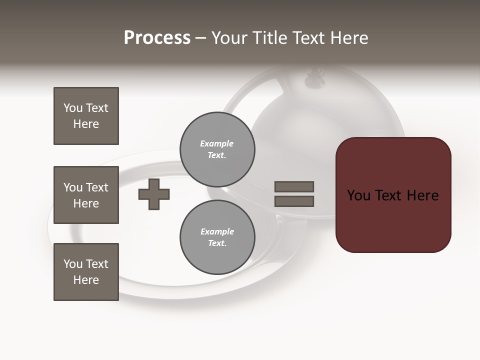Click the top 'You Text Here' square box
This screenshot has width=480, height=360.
pos(86,116)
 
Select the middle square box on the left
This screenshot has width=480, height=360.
pos(86,195)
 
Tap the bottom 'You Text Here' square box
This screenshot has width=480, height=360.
pos(86,272)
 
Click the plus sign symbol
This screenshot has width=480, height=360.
pos(154,194)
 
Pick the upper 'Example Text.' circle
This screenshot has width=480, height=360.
pos(217,149)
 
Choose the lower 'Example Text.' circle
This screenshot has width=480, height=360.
pos(217,237)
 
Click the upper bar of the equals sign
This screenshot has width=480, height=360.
pos(294,186)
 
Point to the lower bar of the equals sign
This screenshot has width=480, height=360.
pos(294,201)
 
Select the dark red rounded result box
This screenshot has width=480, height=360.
pos(393,195)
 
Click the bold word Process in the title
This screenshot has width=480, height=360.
pos(157,38)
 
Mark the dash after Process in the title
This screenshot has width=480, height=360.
pos(200,38)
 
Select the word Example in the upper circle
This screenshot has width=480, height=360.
pos(217,143)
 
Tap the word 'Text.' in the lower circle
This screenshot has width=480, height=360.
pos(217,243)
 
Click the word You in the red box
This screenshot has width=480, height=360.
pos(359,195)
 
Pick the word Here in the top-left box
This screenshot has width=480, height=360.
pos(86,124)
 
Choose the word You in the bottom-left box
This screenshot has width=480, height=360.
pos(72,264)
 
